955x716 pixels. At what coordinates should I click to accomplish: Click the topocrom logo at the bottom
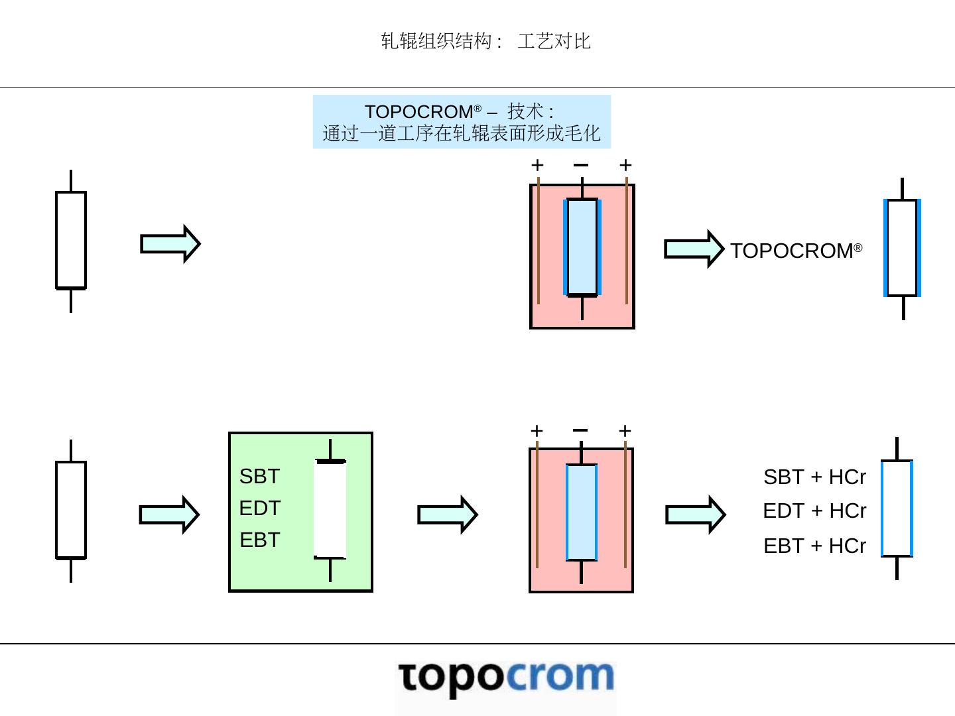pos(506,678)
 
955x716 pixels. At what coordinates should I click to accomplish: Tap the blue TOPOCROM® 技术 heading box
pos(462,122)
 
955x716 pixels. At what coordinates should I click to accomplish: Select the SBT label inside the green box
pos(259,476)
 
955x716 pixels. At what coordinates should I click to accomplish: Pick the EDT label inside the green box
pos(259,508)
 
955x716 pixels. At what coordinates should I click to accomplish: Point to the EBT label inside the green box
pos(259,540)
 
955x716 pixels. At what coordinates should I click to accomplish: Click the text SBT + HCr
pos(814,477)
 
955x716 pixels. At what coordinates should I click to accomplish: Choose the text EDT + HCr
pos(814,510)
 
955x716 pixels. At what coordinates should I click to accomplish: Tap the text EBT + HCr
pos(814,546)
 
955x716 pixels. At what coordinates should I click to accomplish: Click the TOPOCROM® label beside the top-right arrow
pos(796,251)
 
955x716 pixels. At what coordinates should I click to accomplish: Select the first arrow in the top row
pos(170,244)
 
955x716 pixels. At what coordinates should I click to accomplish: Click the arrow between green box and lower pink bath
pos(447,514)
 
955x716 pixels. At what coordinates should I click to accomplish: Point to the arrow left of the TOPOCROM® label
pos(694,249)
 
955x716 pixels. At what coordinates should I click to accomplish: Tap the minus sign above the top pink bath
pos(581,164)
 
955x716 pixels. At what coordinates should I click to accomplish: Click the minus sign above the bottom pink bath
pos(580,430)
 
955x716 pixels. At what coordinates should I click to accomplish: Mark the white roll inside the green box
pos(330,509)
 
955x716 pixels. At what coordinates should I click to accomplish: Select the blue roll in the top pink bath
pos(582,247)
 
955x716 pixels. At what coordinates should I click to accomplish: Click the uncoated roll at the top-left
pos(71,240)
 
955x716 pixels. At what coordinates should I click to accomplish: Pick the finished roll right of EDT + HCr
pos(897,508)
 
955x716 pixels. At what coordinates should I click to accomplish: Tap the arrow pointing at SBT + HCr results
pos(695,514)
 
